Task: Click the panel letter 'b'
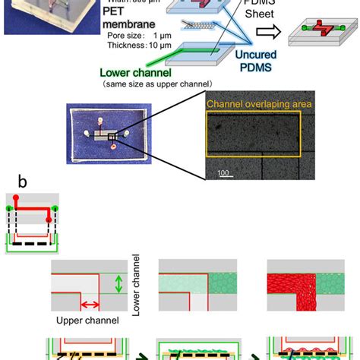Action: click(x=24, y=183)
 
